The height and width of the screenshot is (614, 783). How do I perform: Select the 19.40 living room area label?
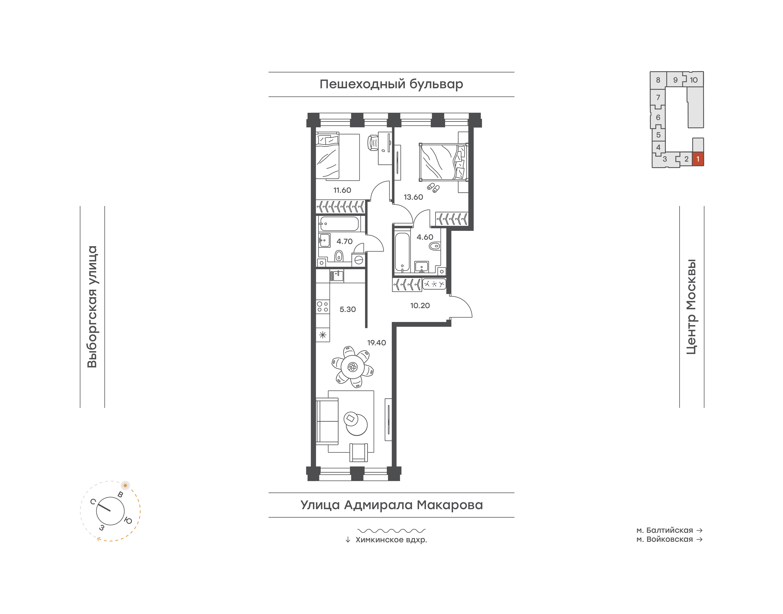point(376,343)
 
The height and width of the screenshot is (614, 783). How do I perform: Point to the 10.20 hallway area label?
point(420,306)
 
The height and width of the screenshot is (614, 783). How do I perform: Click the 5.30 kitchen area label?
point(348,309)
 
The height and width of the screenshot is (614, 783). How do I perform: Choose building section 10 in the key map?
point(694,80)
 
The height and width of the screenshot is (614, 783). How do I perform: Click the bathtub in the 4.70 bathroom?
point(339,224)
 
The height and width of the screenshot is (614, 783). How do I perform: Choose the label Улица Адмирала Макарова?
point(391,505)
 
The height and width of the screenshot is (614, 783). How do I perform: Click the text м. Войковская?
point(665,539)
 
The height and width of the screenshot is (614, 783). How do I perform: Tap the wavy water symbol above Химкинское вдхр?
point(391,531)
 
